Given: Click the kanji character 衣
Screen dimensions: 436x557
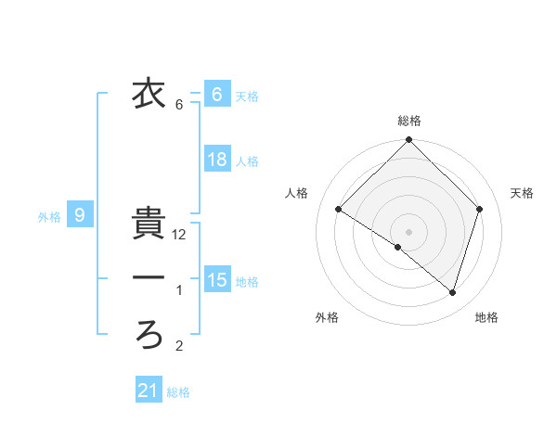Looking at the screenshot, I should click(x=148, y=94).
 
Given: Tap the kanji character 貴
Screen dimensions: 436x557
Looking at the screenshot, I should click(x=148, y=223).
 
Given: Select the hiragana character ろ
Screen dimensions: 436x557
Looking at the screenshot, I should click(x=148, y=335).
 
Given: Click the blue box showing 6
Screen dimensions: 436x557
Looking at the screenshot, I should click(x=216, y=94).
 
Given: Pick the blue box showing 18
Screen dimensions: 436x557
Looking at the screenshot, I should click(x=216, y=160).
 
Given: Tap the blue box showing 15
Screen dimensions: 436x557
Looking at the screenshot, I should click(x=216, y=279).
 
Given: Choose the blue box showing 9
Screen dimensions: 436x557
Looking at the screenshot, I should click(x=80, y=216).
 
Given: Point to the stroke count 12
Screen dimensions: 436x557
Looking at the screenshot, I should click(x=180, y=236).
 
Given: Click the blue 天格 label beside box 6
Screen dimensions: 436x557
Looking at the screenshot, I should click(x=247, y=96).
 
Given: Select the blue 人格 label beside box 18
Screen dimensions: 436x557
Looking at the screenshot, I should click(x=247, y=161).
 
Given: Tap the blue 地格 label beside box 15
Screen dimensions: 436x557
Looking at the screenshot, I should click(x=247, y=281).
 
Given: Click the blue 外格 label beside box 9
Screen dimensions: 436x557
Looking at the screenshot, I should click(x=49, y=217).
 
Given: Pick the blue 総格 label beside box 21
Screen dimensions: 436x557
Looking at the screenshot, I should click(x=178, y=392).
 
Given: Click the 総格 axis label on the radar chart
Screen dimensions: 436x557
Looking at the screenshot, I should click(x=409, y=121).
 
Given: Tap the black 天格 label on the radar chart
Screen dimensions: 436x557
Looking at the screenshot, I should click(x=523, y=193).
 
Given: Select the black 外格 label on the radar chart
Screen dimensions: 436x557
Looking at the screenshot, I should click(x=327, y=317).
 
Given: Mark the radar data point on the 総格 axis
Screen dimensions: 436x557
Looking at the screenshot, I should click(x=409, y=141).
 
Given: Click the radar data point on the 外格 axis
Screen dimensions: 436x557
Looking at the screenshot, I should click(x=398, y=247).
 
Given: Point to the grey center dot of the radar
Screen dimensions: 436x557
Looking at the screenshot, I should click(x=409, y=231).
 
